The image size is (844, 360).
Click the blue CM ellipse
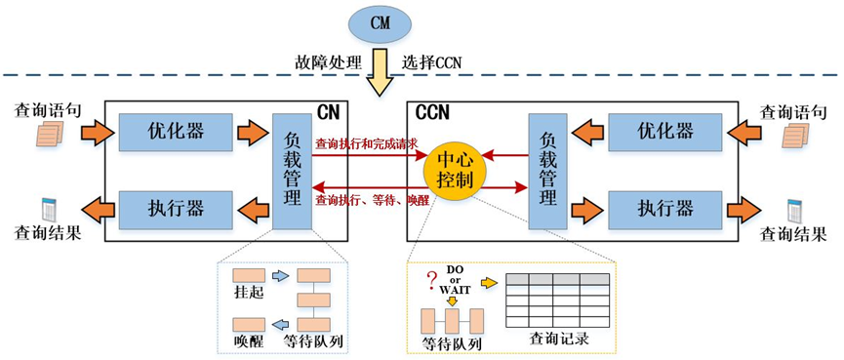pyautogui.click(x=380, y=24)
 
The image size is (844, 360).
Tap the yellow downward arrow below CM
pyautogui.click(x=380, y=72)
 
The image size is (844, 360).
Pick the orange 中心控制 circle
pyautogui.click(x=455, y=171)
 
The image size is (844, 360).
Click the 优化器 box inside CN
pyautogui.click(x=176, y=132)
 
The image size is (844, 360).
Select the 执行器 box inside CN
pyautogui.click(x=176, y=209)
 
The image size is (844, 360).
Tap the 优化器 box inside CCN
pyautogui.click(x=664, y=132)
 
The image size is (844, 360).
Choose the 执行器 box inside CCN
pyautogui.click(x=664, y=209)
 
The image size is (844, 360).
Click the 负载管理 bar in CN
pyautogui.click(x=292, y=171)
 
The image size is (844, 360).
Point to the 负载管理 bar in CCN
pyautogui.click(x=547, y=171)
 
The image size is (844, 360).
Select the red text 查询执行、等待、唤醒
pyautogui.click(x=372, y=201)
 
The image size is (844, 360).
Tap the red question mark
pyautogui.click(x=431, y=281)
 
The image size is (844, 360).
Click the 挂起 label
pyautogui.click(x=248, y=295)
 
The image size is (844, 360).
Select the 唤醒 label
pyautogui.click(x=248, y=341)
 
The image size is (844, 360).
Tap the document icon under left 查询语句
pyautogui.click(x=50, y=134)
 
